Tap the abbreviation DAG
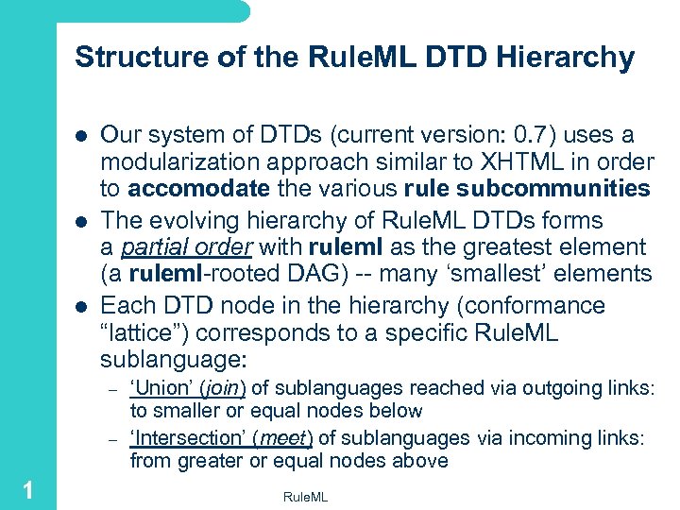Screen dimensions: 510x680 281,275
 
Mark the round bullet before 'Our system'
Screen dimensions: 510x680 81,136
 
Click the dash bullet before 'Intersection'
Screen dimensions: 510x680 110,439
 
